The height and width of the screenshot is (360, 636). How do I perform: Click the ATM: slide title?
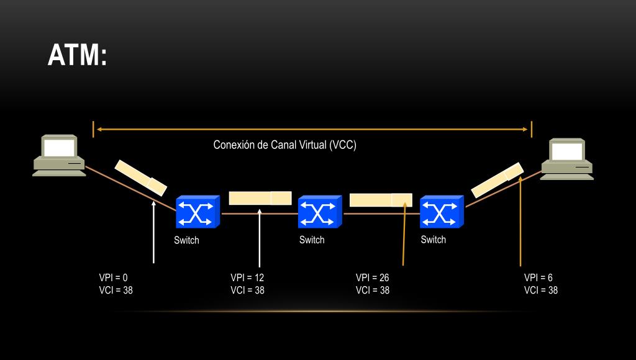(x=77, y=56)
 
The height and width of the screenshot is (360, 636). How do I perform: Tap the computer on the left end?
(x=59, y=155)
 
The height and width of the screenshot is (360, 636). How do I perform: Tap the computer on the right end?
(x=566, y=160)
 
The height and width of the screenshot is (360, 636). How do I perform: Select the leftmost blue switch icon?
(x=198, y=212)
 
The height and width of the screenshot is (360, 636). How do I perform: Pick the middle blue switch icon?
(x=320, y=212)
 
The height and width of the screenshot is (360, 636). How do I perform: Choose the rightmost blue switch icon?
(x=442, y=212)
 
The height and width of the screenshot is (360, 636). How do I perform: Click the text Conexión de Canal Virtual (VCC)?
(x=284, y=145)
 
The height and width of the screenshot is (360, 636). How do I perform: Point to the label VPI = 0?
(x=113, y=277)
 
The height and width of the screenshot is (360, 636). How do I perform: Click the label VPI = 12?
(x=247, y=277)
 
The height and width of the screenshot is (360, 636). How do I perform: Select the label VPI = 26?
(x=372, y=277)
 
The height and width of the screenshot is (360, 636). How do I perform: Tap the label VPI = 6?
(x=538, y=277)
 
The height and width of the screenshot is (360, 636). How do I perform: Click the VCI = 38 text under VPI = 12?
(x=247, y=290)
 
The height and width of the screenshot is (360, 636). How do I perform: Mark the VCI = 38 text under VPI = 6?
(x=540, y=290)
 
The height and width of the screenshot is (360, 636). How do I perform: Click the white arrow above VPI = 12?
(x=260, y=239)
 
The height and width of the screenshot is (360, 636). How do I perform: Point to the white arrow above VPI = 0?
(x=153, y=233)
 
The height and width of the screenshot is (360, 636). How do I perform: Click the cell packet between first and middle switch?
(x=260, y=198)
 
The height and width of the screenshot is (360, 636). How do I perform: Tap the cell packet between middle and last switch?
(x=381, y=200)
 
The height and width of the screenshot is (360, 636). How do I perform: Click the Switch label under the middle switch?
(x=312, y=240)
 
